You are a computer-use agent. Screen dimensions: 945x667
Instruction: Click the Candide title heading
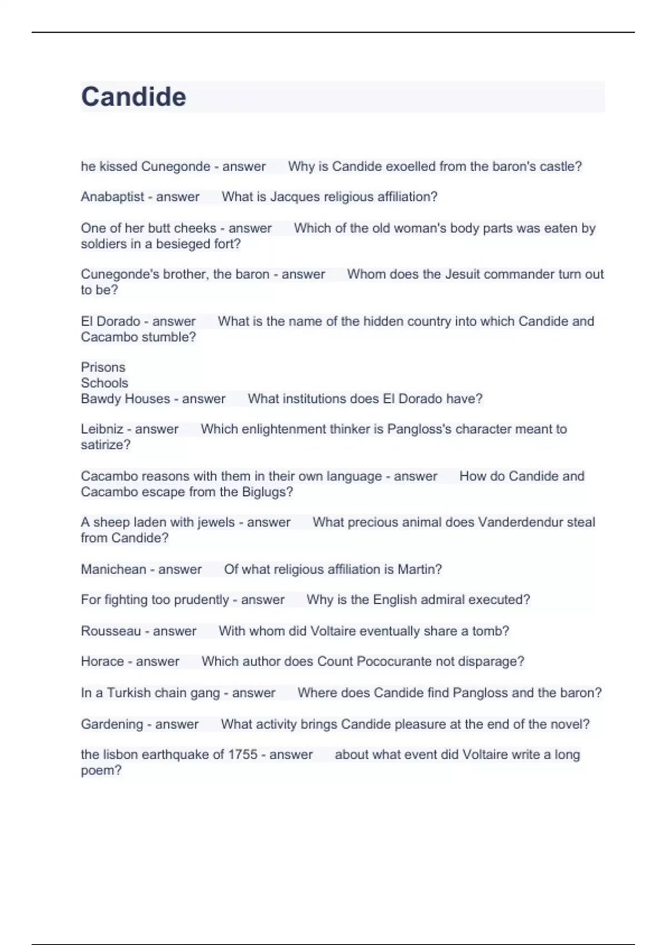click(x=133, y=97)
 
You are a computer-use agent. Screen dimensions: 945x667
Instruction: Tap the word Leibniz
click(x=102, y=429)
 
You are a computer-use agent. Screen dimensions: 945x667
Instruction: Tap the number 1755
click(x=242, y=754)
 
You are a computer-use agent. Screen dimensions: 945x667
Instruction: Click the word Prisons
click(x=103, y=367)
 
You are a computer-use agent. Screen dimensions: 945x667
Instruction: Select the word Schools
click(x=104, y=383)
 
